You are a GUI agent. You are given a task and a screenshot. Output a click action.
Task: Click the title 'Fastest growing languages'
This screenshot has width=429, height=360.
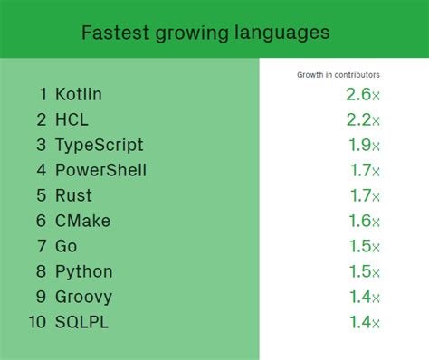205,33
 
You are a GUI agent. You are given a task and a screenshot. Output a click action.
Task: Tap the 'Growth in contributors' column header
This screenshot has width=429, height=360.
338,74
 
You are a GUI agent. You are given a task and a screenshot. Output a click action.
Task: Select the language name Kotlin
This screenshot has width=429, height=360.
79,94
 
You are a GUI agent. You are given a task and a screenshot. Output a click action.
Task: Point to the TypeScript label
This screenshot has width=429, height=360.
99,146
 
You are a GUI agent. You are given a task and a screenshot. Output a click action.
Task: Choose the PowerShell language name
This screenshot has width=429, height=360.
100,170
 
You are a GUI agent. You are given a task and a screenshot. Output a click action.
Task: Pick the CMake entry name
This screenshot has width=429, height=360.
82,221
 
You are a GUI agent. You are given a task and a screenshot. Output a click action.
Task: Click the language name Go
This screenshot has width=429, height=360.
66,246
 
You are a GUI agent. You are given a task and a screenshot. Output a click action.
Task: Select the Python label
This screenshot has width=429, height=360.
83,271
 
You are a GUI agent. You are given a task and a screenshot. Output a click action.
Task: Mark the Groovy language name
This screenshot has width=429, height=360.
84,297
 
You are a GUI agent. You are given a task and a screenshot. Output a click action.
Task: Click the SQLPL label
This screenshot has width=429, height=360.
81,322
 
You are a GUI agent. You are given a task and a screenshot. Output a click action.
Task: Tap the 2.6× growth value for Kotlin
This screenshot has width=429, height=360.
362,94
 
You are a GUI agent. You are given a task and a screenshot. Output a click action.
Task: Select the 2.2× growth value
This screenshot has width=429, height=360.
362,119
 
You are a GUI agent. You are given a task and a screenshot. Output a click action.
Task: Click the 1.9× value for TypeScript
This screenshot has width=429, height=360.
364,146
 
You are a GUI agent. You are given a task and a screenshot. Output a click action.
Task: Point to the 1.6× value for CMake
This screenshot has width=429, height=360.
364,221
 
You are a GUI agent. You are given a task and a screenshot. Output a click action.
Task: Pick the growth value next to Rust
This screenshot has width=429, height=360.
364,195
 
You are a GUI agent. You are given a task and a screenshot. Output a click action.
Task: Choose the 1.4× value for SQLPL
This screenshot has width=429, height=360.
364,322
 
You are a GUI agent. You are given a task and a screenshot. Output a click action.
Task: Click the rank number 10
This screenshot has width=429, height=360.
35,322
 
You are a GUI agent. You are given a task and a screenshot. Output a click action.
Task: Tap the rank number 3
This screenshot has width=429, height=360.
41,146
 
